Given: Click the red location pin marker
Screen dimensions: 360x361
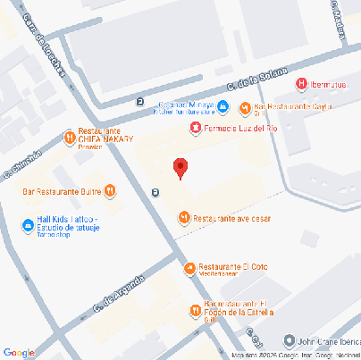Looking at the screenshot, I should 180,167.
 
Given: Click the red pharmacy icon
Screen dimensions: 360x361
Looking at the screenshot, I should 196,128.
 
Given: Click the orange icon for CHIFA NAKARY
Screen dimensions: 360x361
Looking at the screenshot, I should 70,137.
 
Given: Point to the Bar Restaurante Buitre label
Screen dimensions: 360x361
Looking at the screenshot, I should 62,190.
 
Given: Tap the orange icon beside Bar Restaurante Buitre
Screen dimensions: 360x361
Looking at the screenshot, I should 110,189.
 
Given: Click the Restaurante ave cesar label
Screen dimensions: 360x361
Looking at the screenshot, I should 232,218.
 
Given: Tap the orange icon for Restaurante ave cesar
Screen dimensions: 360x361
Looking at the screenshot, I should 184,217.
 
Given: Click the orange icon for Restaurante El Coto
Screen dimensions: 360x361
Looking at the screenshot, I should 189,268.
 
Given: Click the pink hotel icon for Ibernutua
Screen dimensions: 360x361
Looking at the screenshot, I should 301,84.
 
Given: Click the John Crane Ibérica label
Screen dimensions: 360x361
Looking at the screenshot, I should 329,340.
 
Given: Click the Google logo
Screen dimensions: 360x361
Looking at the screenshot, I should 19,352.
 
